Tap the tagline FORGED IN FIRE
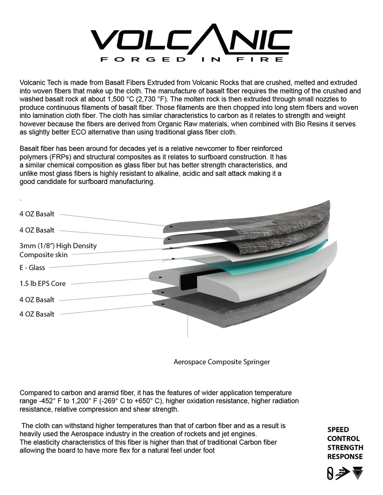tap(191, 60)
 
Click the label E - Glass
tap(32, 268)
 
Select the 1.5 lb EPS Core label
tap(43, 283)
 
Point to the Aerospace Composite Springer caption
tap(222, 362)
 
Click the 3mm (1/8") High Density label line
tap(58, 246)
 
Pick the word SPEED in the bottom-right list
tap(338, 430)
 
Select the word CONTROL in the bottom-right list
tap(344, 439)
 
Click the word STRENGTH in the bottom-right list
tap(345, 447)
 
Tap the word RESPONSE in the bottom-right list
tap(345, 456)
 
